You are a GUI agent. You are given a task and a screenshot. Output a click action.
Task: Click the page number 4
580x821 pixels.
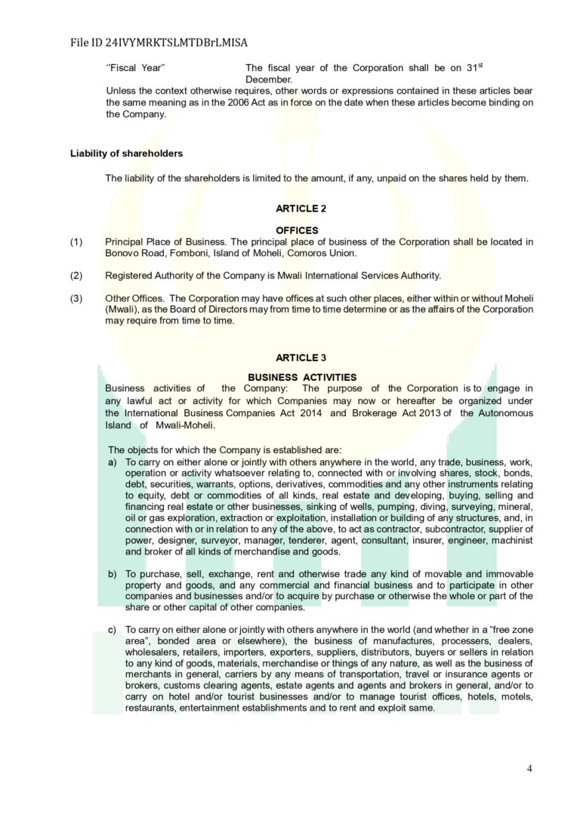[529, 769]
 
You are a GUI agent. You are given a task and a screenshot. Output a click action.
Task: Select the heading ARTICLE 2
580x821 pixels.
[301, 208]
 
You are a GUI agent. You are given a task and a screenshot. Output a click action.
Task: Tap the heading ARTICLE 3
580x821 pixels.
[301, 358]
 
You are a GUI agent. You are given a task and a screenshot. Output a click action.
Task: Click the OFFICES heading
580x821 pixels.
[297, 230]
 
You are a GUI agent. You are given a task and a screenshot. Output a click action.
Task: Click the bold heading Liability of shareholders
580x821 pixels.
[126, 153]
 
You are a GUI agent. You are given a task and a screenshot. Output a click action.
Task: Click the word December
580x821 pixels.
[269, 79]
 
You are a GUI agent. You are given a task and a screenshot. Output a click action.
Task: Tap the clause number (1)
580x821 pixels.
[76, 242]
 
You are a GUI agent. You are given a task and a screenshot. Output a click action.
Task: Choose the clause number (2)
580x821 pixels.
[76, 275]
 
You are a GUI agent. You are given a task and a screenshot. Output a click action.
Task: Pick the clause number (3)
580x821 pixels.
[76, 298]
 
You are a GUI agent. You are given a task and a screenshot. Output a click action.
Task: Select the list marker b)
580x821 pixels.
[113, 575]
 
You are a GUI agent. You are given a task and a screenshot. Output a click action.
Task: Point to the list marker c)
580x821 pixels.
[113, 629]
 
